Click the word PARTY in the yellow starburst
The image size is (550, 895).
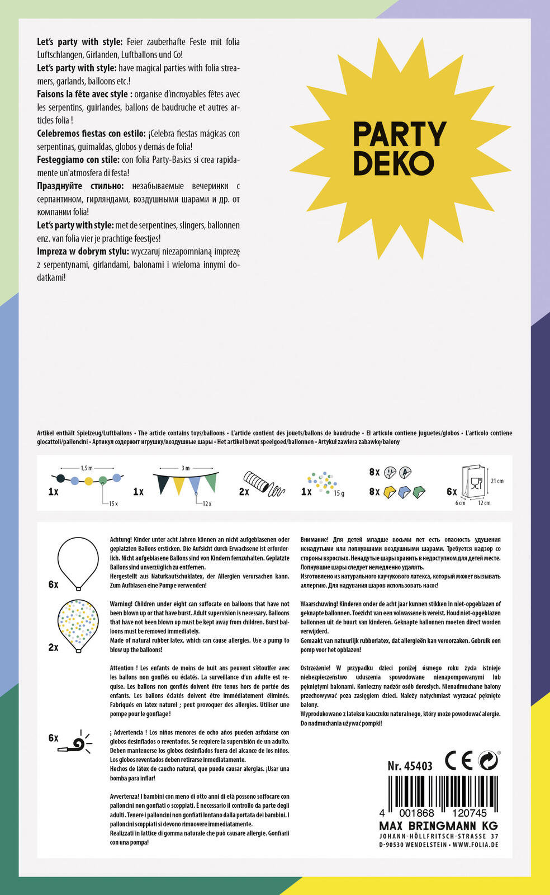pyautogui.click(x=400, y=135)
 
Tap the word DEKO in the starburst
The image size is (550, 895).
pyautogui.click(x=393, y=163)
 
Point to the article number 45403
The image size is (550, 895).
pyautogui.click(x=418, y=766)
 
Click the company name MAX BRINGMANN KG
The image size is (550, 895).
pyautogui.click(x=438, y=826)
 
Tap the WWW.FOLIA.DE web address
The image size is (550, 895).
pyautogui.click(x=475, y=845)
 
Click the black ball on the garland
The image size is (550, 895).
pyautogui.click(x=61, y=479)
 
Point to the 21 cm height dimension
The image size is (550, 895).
pyautogui.click(x=497, y=481)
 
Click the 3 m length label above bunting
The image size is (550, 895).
pyautogui.click(x=186, y=468)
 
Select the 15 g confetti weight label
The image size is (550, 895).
pyautogui.click(x=339, y=493)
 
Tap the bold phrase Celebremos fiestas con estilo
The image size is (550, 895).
pyautogui.click(x=92, y=134)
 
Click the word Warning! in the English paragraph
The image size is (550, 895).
pyautogui.click(x=121, y=604)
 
